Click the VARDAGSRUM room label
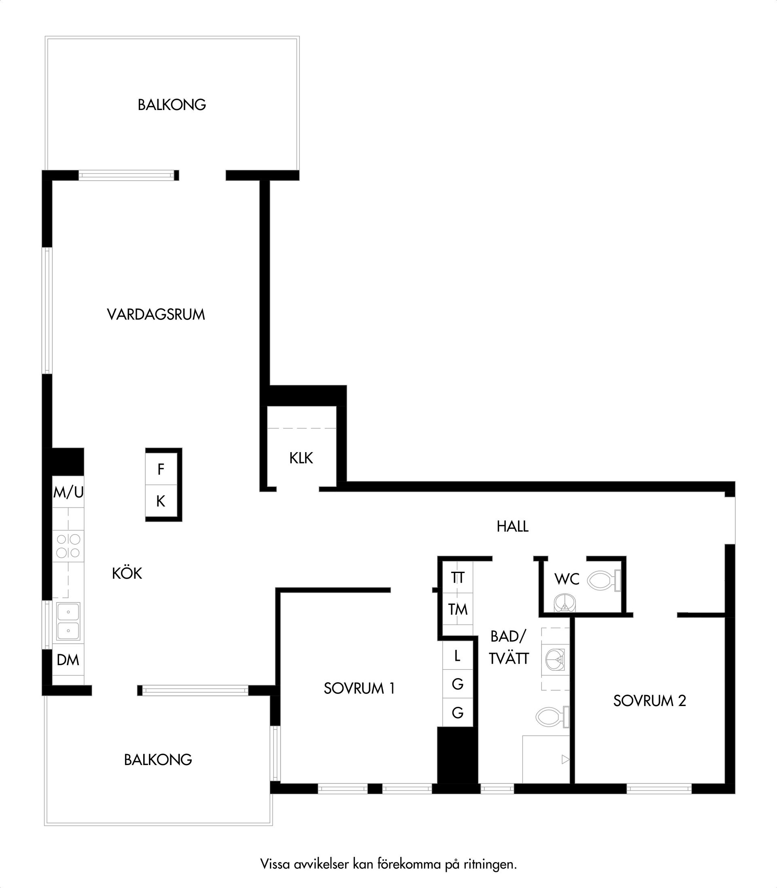[x=156, y=315]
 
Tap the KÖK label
[x=127, y=573]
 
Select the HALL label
[x=512, y=526]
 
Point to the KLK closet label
[x=301, y=458]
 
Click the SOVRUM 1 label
[x=359, y=688]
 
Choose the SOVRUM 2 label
[x=650, y=701]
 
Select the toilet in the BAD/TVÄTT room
[x=552, y=717]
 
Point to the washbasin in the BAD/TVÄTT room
[x=555, y=659]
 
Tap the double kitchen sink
[x=68, y=621]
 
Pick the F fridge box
[x=161, y=469]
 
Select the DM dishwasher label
[x=68, y=660]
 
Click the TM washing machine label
[x=458, y=609]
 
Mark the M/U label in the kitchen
[x=68, y=493]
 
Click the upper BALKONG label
[x=172, y=105]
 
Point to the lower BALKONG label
[x=158, y=760]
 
